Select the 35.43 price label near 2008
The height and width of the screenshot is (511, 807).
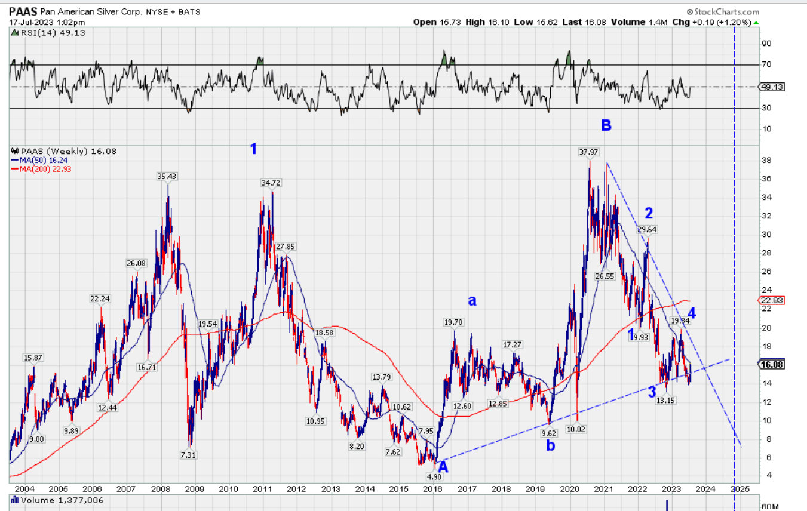point(168,176)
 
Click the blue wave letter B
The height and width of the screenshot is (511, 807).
point(606,125)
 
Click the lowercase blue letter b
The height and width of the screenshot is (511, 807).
point(550,445)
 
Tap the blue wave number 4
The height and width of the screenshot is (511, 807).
point(692,313)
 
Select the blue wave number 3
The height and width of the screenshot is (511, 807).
point(652,392)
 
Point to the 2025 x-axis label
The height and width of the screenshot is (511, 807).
point(740,489)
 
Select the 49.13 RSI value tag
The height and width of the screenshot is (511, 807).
point(772,87)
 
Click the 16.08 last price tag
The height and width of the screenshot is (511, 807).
point(772,364)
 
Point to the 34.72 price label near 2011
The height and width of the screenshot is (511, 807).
point(271,182)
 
